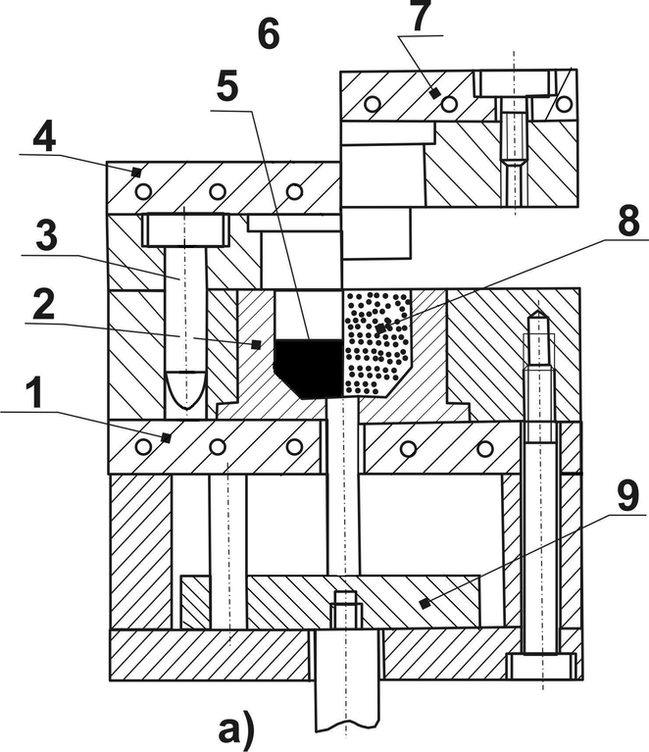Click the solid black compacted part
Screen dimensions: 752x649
click(x=308, y=364)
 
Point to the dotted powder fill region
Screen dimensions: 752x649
click(x=376, y=338)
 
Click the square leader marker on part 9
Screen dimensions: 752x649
click(x=423, y=604)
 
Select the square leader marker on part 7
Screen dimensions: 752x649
click(x=433, y=94)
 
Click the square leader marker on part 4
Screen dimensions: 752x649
click(x=138, y=172)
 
